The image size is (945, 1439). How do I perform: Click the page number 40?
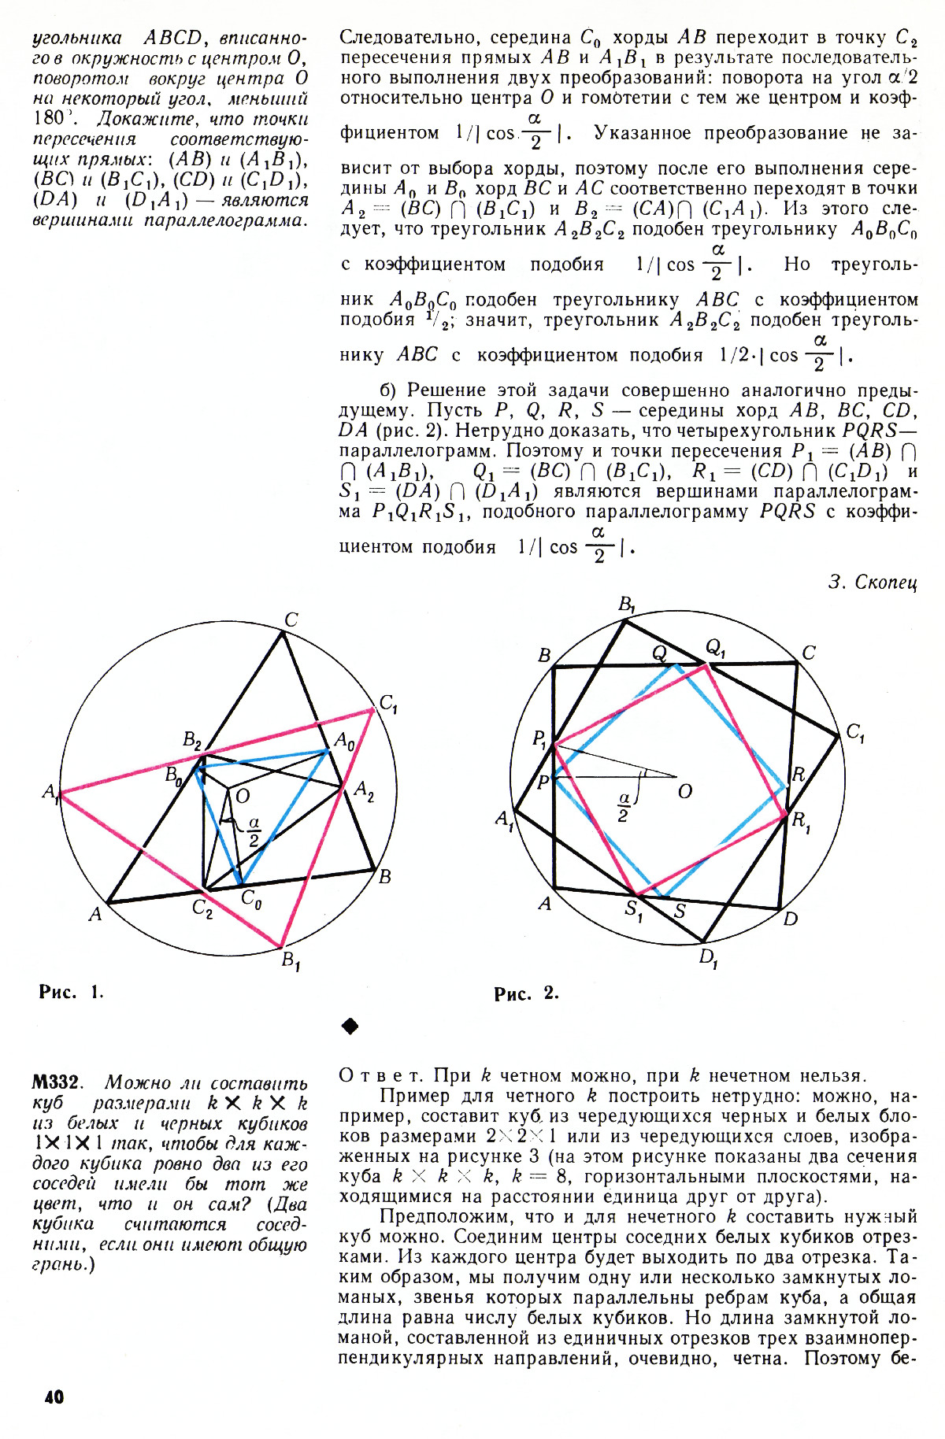(x=54, y=1396)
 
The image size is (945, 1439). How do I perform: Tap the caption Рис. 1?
(x=71, y=991)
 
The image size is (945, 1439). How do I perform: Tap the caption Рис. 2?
(x=526, y=993)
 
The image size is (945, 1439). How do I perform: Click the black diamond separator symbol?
(x=350, y=1026)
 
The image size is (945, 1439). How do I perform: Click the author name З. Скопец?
(x=873, y=582)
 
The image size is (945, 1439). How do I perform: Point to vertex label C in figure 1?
(x=291, y=620)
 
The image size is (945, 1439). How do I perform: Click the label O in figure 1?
(x=243, y=797)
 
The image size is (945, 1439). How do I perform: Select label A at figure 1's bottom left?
(x=94, y=915)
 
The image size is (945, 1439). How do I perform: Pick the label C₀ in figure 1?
(x=251, y=898)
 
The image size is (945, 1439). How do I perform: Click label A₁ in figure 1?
(x=51, y=793)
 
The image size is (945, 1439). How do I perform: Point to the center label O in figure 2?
(x=685, y=791)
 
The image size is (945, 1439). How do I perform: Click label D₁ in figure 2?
(x=708, y=958)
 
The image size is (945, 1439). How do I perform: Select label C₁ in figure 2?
(x=855, y=733)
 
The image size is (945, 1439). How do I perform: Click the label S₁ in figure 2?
(x=634, y=910)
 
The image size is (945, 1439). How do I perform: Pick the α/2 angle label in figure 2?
(x=623, y=808)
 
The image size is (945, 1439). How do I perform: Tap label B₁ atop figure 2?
(x=628, y=605)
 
